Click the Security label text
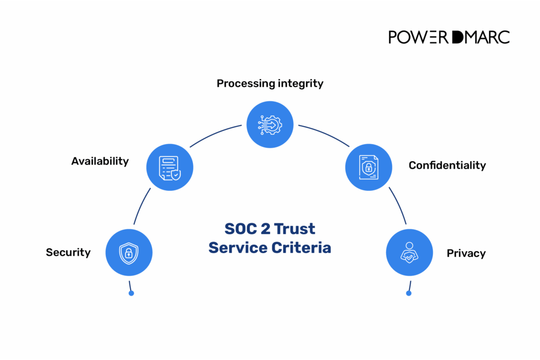[68, 253]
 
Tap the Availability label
[100, 161]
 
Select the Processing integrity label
[270, 83]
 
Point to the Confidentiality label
[447, 166]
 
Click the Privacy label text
[466, 254]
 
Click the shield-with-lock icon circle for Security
[129, 253]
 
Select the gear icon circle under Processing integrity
[270, 124]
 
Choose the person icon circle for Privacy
[409, 253]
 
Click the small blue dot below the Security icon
[131, 293]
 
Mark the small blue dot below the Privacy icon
[409, 293]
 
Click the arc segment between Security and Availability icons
[142, 207]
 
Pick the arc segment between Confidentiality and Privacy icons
[397, 207]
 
